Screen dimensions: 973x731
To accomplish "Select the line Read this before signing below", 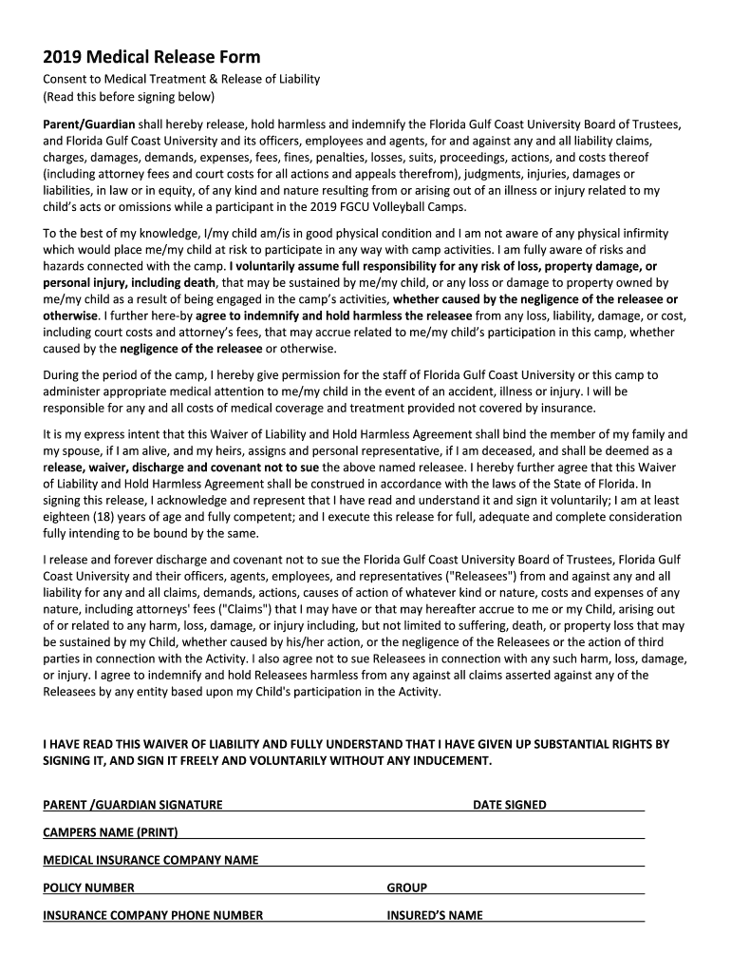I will pyautogui.click(x=129, y=97).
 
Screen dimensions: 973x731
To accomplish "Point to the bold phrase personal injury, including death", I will pyautogui.click(x=130, y=282).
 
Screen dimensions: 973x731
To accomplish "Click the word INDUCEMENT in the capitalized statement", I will pyautogui.click(x=447, y=761).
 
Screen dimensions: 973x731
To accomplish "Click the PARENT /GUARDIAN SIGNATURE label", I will pyautogui.click(x=133, y=805).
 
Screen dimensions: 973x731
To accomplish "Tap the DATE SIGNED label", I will pyautogui.click(x=510, y=805).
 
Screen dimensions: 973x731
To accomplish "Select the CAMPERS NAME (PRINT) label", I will pyautogui.click(x=110, y=832).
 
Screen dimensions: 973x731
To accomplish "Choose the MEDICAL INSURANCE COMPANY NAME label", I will pyautogui.click(x=150, y=860).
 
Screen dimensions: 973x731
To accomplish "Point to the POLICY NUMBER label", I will pyautogui.click(x=88, y=887).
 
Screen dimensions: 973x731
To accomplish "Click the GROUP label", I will pyautogui.click(x=406, y=887).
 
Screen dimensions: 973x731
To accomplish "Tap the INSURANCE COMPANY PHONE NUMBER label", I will pyautogui.click(x=153, y=915).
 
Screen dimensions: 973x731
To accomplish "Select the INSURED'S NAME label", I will pyautogui.click(x=434, y=915).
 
